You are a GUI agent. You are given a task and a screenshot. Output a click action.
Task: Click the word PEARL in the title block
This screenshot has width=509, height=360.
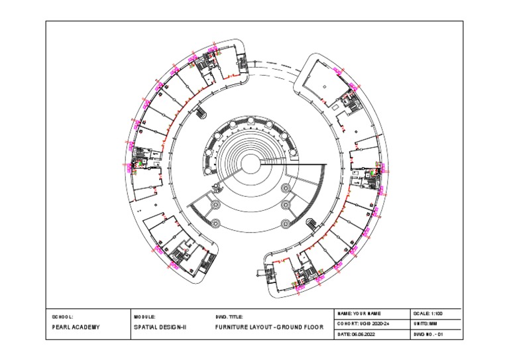tap(62, 328)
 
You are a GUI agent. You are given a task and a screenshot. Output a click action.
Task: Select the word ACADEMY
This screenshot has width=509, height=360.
tap(87, 328)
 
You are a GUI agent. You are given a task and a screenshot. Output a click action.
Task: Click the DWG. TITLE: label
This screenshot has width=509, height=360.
tap(230, 318)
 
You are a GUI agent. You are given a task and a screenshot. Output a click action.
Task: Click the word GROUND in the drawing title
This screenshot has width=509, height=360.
tap(292, 328)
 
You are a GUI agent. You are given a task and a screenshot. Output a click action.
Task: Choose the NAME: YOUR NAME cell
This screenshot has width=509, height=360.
tap(361, 313)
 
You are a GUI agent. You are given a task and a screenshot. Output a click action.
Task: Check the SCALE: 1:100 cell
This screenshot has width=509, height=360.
tap(427, 313)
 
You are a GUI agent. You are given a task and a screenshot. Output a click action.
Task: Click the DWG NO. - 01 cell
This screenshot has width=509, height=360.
tap(427, 335)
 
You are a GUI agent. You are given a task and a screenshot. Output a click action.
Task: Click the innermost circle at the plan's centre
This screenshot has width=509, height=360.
tap(251, 163)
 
